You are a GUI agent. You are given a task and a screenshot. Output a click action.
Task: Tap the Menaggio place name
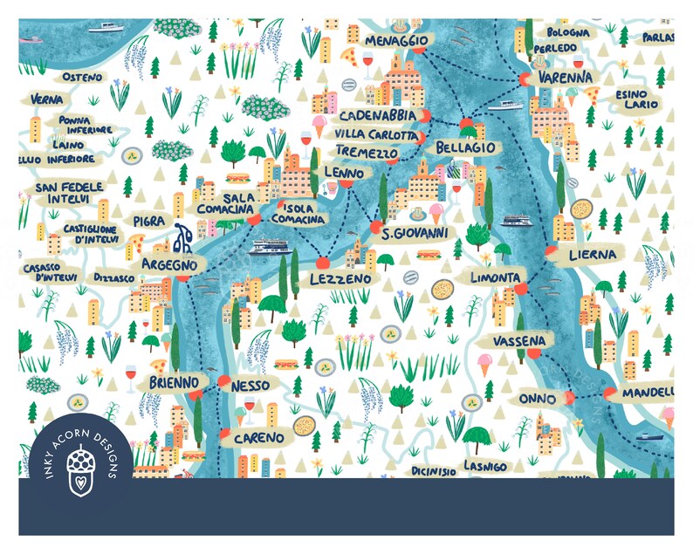pyautogui.click(x=396, y=42)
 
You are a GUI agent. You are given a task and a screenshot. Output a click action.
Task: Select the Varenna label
pyautogui.click(x=565, y=78)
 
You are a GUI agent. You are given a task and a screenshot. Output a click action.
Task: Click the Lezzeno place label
pyautogui.click(x=340, y=279)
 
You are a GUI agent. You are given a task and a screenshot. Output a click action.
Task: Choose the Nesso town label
pyautogui.click(x=252, y=385)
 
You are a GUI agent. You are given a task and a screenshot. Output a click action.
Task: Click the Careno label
pyautogui.click(x=258, y=437)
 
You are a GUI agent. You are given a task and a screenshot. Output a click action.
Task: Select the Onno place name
pyautogui.click(x=536, y=399)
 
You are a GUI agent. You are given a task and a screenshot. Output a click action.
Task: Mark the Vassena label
pyautogui.click(x=518, y=341)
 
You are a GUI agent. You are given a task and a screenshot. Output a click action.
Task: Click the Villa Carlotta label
pyautogui.click(x=375, y=136)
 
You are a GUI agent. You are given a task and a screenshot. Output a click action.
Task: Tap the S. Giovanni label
pyautogui.click(x=415, y=233)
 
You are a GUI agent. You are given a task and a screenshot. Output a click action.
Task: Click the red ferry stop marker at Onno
pyautogui.click(x=569, y=397)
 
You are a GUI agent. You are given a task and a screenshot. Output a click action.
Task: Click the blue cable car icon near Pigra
pyautogui.click(x=184, y=236)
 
